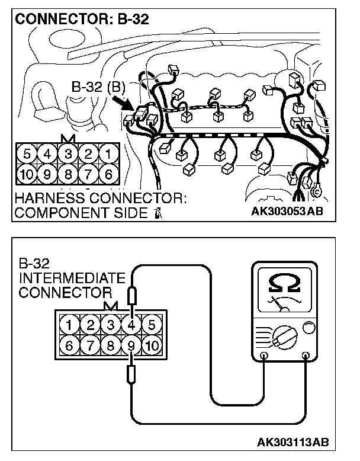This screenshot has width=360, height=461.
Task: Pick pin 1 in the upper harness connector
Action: [x=108, y=155]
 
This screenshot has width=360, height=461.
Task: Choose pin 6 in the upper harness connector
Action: [x=108, y=174]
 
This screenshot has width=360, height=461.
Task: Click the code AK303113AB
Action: [x=292, y=443]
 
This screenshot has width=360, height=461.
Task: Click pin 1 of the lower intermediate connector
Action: [x=70, y=324]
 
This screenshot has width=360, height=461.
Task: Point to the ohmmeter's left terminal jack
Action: [x=264, y=356]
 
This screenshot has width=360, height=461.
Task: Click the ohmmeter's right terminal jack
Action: [x=306, y=356]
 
